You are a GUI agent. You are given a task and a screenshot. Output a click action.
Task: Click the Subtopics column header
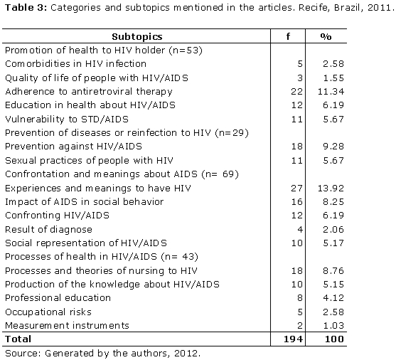137,37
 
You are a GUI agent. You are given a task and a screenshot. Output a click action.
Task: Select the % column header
326,37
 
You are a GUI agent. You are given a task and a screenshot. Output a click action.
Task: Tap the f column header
288,37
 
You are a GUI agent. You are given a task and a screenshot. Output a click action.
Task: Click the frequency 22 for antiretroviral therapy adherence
296,92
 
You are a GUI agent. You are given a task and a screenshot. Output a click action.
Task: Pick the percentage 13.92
331,189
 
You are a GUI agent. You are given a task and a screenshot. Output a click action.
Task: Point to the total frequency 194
293,339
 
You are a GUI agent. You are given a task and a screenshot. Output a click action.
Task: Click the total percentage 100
334,339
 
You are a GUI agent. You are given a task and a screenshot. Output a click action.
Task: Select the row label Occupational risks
48,312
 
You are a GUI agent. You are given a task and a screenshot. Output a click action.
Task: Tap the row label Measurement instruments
67,325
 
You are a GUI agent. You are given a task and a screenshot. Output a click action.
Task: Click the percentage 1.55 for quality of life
333,78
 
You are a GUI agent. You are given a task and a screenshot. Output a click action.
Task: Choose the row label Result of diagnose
49,230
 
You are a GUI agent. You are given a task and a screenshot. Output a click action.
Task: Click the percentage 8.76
333,271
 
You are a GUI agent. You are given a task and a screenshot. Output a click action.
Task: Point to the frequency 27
296,189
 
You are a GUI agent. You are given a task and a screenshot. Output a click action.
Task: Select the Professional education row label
58,298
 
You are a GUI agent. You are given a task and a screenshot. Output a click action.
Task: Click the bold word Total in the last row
18,339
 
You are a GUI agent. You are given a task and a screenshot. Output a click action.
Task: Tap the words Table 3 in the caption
26,8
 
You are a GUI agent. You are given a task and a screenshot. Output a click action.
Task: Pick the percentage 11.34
331,92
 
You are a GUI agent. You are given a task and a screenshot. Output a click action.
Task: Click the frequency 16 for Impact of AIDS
296,202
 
